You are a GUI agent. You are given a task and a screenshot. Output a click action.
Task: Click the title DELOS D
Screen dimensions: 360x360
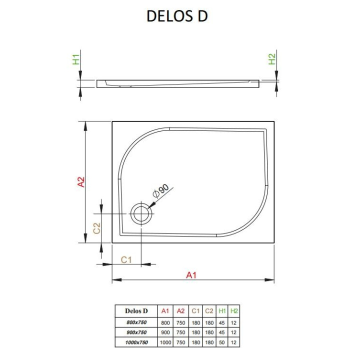pos(177,16)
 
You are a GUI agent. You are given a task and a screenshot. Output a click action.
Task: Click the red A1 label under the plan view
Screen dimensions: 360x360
pos(191,274)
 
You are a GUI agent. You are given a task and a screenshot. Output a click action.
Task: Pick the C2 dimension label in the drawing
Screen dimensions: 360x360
pos(98,227)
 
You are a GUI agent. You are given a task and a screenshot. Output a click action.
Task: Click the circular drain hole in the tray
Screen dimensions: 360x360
pos(141,214)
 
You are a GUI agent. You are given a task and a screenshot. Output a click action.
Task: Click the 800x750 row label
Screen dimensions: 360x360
pos(136,321)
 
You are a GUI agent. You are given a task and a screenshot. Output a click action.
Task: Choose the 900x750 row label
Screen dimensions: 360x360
pos(136,332)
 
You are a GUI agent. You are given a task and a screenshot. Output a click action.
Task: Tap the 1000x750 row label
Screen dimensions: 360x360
pos(136,342)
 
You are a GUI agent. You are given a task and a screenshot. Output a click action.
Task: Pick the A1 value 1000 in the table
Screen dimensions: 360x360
pos(165,342)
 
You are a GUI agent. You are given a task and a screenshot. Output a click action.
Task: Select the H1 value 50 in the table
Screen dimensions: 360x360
pos(222,342)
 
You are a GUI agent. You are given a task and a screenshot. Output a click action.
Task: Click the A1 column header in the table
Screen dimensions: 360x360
pos(165,310)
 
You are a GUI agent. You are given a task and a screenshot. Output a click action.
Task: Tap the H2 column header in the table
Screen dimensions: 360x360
pos(234,310)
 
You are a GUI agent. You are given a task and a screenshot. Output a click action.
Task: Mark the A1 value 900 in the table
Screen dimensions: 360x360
pos(165,332)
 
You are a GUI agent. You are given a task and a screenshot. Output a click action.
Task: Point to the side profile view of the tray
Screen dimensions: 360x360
pos(180,82)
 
